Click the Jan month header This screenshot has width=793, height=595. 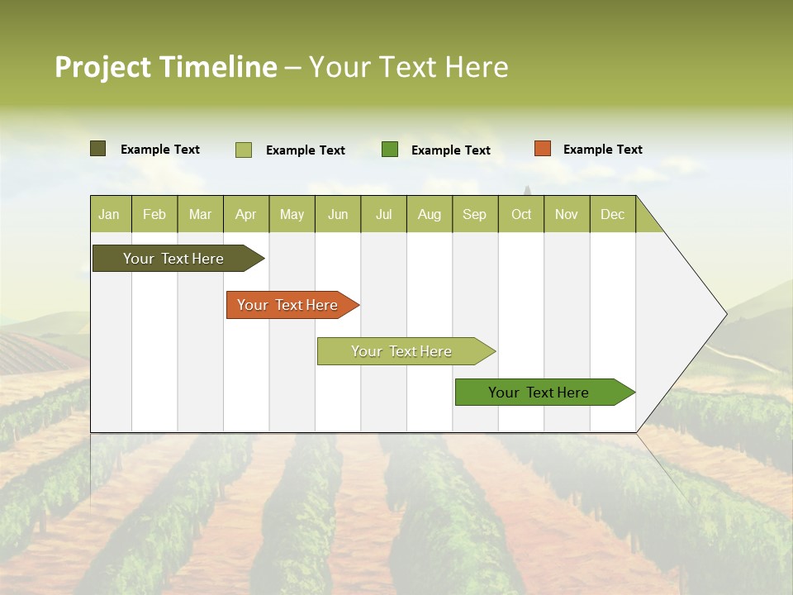[109, 214]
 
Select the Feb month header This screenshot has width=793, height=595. [154, 214]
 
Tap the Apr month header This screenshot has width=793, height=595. [245, 214]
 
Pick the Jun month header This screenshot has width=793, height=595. [338, 214]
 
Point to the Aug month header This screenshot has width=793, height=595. [429, 214]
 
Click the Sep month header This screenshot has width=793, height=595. [474, 214]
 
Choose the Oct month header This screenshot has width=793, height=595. [521, 214]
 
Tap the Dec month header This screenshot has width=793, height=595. [612, 214]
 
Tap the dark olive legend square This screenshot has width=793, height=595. [97, 149]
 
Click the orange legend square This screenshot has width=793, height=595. [542, 149]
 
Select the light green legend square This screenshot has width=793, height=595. [243, 150]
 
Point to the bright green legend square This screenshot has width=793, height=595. [390, 150]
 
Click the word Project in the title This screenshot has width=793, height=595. [103, 67]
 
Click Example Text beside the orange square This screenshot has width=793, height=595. [602, 150]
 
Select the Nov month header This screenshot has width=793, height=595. [566, 214]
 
